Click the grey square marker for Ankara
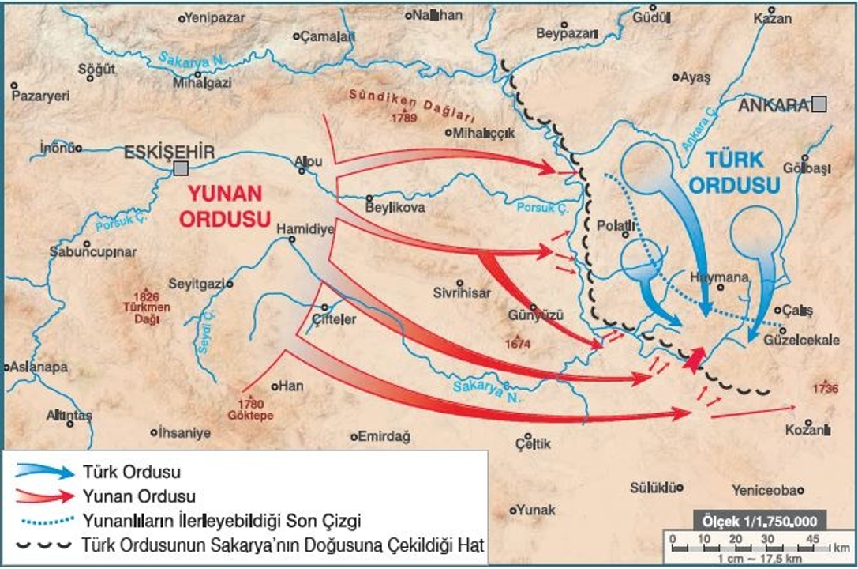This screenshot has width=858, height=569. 820,104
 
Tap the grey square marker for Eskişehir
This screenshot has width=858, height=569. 182,168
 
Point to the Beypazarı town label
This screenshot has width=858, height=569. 567,33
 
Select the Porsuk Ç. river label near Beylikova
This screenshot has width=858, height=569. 542,208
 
